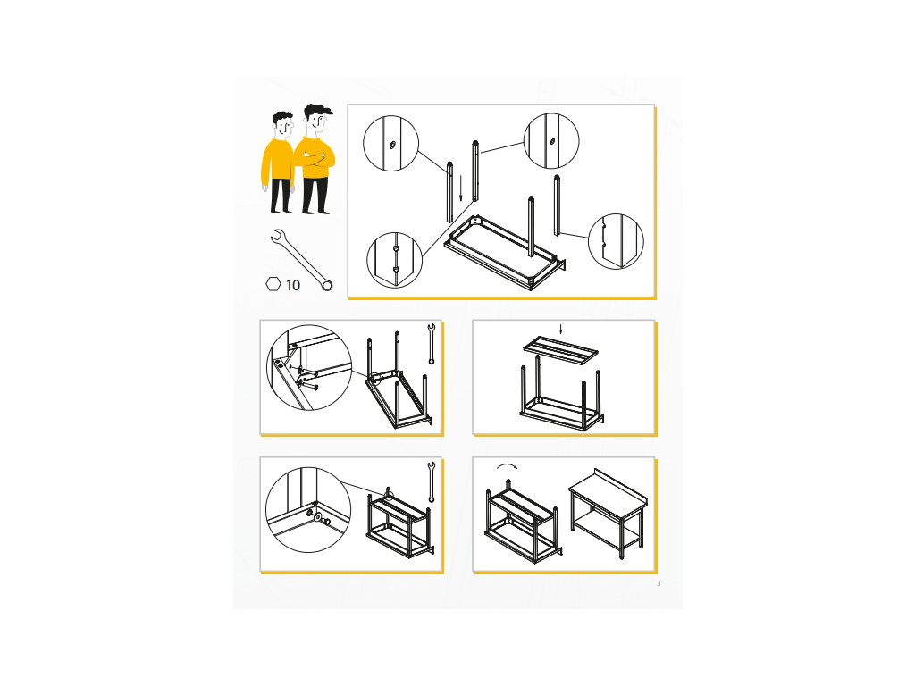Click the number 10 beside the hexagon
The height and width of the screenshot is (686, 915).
click(293, 285)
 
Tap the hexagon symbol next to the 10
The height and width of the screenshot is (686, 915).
click(273, 284)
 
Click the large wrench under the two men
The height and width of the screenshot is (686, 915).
click(302, 260)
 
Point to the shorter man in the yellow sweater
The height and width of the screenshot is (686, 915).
click(279, 163)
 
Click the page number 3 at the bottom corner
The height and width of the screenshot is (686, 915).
click(659, 583)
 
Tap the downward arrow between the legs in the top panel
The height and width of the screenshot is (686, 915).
click(460, 188)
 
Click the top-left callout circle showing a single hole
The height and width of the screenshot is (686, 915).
click(391, 144)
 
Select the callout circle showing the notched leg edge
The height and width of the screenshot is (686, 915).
click(616, 241)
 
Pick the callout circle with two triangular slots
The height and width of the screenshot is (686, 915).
click(394, 260)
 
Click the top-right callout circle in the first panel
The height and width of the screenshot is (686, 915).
click(551, 141)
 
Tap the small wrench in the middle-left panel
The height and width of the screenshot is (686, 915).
click(432, 344)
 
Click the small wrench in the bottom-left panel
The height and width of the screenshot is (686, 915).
click(432, 481)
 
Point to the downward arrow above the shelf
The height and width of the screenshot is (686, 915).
click(561, 329)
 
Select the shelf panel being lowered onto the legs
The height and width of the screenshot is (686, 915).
click(561, 351)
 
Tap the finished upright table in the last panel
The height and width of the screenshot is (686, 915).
click(609, 514)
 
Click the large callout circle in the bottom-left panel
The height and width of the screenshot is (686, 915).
click(308, 509)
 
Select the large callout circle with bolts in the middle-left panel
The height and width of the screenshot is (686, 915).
click(309, 367)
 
